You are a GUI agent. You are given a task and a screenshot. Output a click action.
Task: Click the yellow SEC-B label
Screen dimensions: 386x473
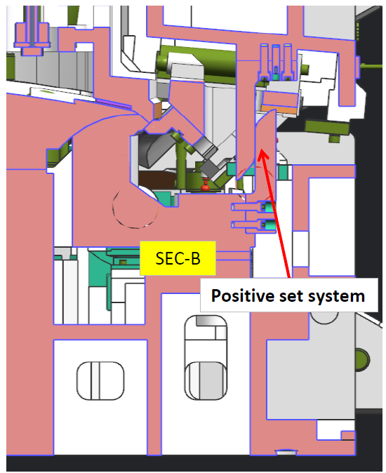(x=178, y=258)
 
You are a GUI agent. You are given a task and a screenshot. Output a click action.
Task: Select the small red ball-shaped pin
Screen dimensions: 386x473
(x=206, y=185)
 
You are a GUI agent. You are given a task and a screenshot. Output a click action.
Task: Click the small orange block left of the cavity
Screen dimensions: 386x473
(x=157, y=111)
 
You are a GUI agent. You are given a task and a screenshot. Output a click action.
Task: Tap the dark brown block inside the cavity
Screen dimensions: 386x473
(x=157, y=180)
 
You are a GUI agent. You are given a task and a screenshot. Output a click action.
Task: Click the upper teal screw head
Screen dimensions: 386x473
(x=268, y=206)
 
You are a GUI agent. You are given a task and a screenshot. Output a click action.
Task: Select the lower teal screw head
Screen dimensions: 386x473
(x=268, y=224)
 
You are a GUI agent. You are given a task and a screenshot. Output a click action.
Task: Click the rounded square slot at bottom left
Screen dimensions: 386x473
(x=100, y=380)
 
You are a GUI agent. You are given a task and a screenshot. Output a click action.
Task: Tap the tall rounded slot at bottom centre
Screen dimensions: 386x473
(x=206, y=358)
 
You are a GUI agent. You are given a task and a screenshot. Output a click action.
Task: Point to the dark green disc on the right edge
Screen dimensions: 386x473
(x=362, y=360)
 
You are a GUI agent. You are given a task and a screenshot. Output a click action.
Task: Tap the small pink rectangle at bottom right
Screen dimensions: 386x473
(x=347, y=435)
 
